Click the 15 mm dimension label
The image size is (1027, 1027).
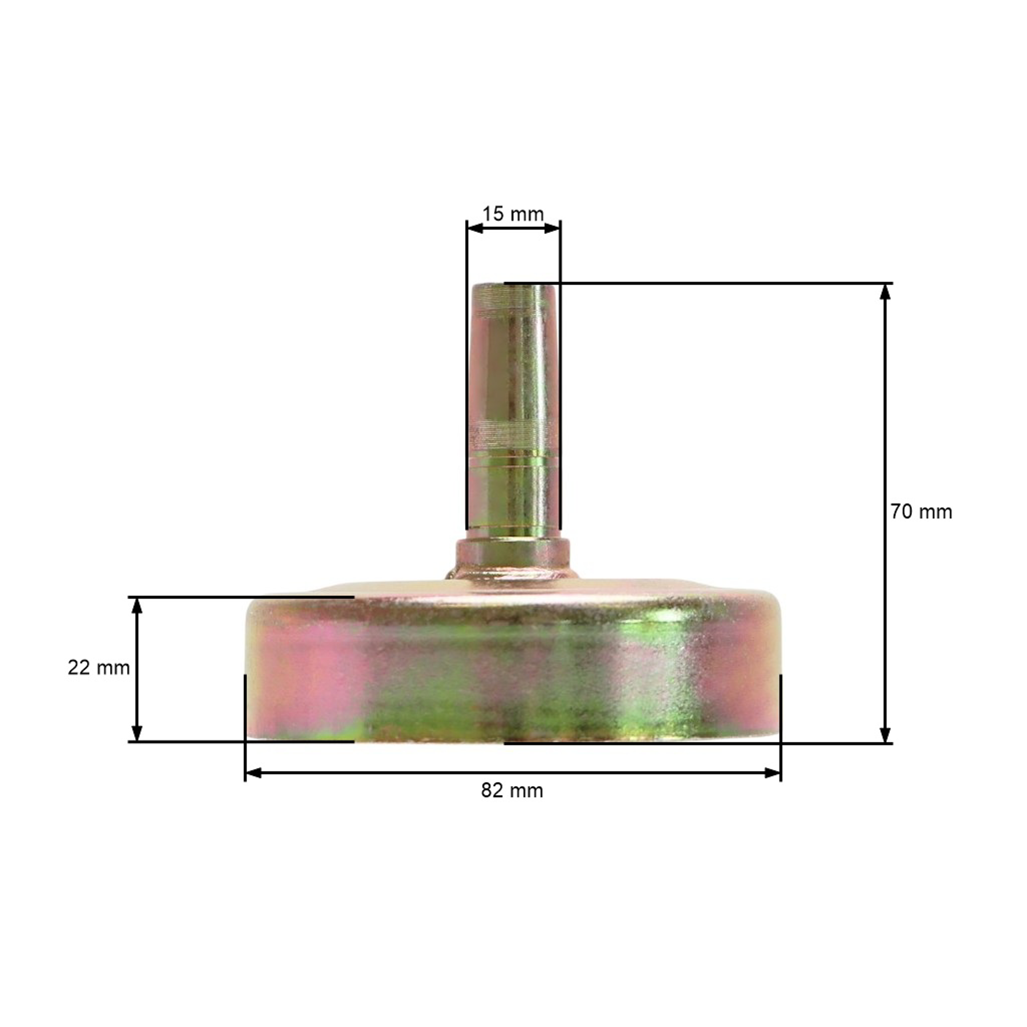click(513, 214)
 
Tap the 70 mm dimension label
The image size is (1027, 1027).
click(921, 512)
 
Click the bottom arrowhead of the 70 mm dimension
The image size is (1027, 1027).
click(885, 734)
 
